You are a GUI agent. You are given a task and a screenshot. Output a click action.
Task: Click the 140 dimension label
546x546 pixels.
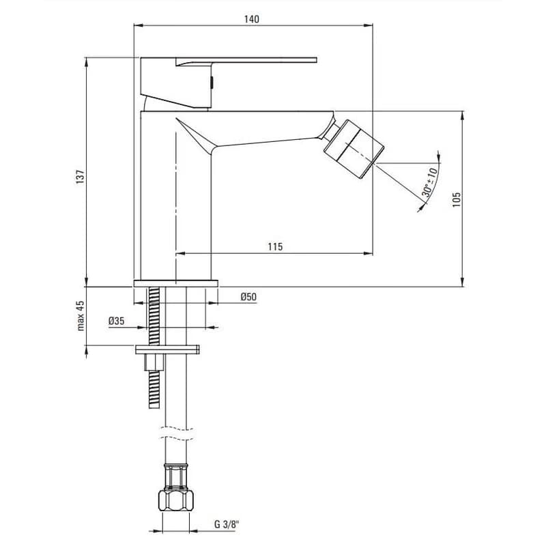click(x=251, y=19)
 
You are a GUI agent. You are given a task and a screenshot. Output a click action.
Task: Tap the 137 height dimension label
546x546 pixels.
click(x=81, y=177)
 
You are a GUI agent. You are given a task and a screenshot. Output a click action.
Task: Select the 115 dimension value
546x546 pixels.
click(x=276, y=247)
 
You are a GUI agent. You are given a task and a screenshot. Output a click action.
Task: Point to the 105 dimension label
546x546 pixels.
click(x=457, y=200)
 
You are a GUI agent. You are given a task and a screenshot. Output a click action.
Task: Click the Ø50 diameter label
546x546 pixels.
click(x=248, y=297)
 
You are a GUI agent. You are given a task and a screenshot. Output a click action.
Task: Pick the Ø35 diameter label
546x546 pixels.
click(x=116, y=321)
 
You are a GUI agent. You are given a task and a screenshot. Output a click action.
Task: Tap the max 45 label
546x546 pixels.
click(x=81, y=316)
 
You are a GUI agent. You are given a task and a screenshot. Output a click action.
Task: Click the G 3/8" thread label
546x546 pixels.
click(x=227, y=525)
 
